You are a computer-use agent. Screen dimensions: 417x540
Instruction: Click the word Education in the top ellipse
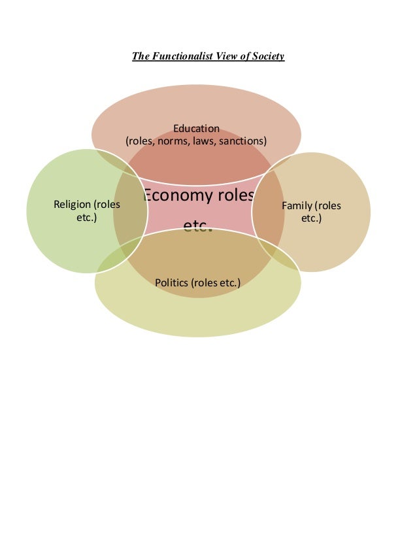click(196, 128)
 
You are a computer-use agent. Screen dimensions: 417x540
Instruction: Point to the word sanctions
click(244, 141)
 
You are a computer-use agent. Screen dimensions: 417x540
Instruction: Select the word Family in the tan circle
click(294, 206)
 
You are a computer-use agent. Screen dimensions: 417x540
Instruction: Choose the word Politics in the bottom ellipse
click(172, 283)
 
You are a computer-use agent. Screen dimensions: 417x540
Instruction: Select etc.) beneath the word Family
click(311, 218)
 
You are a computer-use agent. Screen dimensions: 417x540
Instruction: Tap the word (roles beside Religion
click(107, 205)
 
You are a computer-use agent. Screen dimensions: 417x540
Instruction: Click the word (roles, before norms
click(142, 141)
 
